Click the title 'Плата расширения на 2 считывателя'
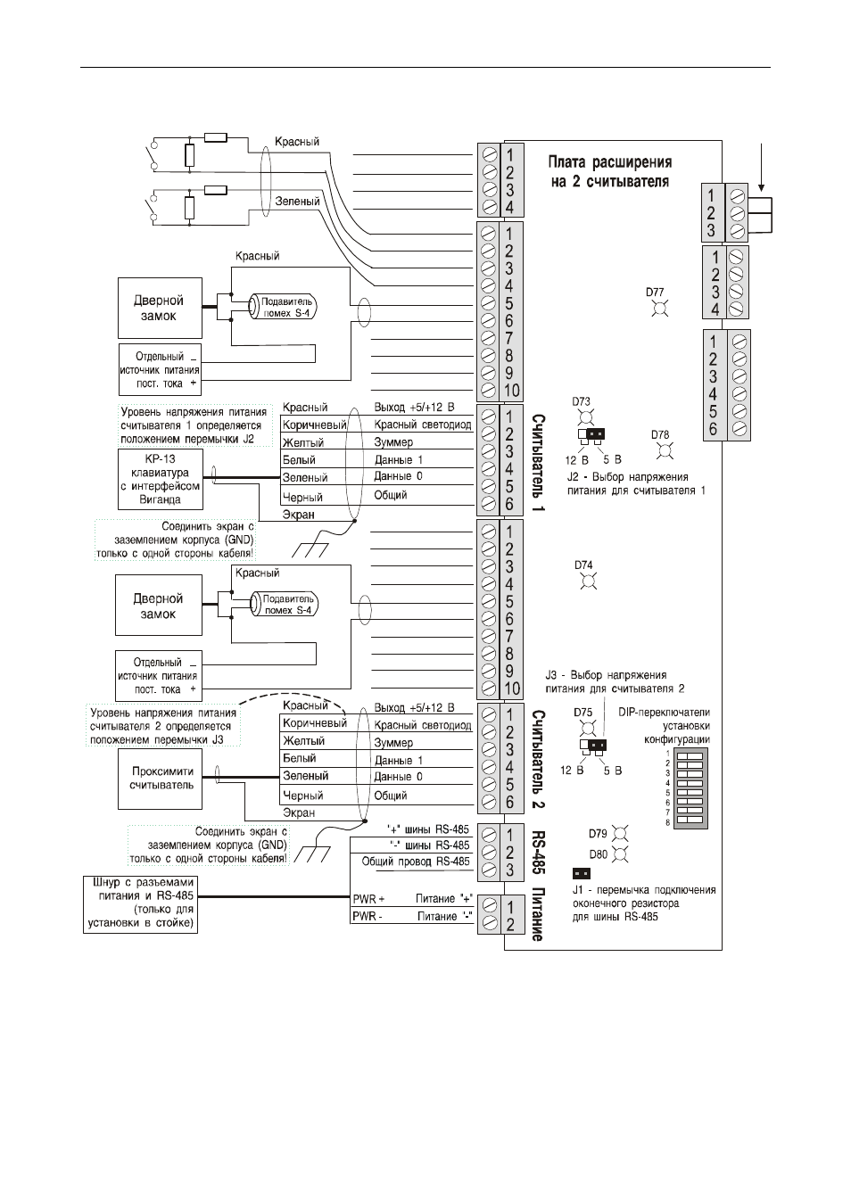click(x=609, y=171)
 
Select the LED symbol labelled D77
click(x=659, y=309)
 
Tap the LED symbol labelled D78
click(x=665, y=451)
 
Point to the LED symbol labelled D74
click(x=589, y=581)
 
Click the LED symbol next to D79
click(x=620, y=834)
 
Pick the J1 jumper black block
click(x=582, y=873)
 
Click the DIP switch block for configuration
click(x=690, y=789)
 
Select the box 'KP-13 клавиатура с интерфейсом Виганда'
click(x=161, y=479)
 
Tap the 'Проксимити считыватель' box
click(x=161, y=778)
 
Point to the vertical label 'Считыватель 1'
click(x=538, y=462)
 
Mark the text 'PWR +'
click(x=368, y=899)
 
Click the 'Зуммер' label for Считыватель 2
click(x=393, y=742)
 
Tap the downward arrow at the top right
click(x=761, y=167)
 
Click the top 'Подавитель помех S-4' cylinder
click(x=283, y=307)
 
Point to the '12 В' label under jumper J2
click(x=576, y=460)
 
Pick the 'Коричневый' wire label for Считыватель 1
click(x=315, y=425)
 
